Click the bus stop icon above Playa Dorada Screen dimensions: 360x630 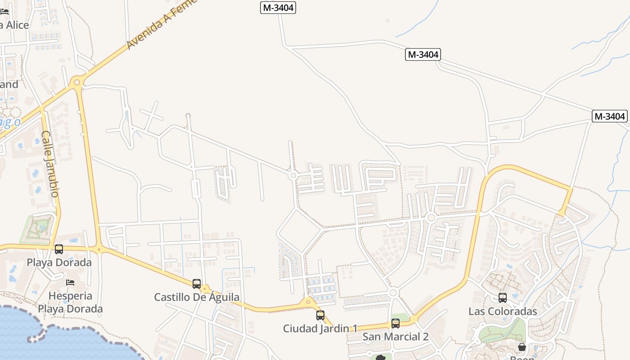[59, 249]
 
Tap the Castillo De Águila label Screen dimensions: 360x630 [197, 297]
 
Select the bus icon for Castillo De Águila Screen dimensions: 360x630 [197, 284]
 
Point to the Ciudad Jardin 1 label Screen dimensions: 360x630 [320, 328]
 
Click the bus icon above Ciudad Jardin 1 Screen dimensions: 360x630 [320, 315]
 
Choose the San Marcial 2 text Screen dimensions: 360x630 [396, 337]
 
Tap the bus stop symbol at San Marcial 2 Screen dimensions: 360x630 [396, 323]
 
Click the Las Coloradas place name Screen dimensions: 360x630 [503, 311]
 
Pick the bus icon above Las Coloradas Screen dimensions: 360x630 [503, 297]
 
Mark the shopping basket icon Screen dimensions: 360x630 [522, 347]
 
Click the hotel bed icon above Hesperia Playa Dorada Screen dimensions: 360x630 [70, 283]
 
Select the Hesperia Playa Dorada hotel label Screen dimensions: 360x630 [70, 302]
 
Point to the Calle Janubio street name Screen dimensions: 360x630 [50, 164]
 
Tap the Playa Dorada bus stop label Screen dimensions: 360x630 [59, 262]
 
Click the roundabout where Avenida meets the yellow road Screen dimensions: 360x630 [77, 82]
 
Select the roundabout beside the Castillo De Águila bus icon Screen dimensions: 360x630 [205, 289]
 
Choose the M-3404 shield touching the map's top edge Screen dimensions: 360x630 [278, 8]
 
